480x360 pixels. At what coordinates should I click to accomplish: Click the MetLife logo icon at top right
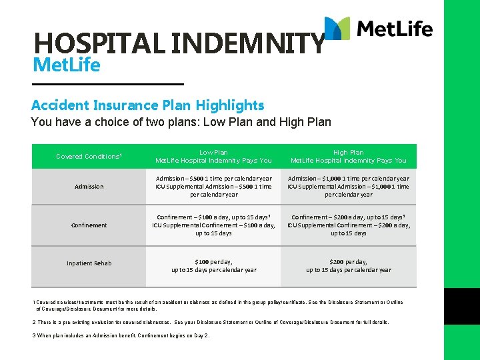[337, 28]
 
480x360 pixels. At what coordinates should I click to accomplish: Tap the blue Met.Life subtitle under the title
[66, 66]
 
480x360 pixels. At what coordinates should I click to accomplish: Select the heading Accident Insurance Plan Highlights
[147, 105]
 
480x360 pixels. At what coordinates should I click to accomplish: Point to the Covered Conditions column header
[89, 157]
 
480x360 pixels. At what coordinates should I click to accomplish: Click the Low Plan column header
[213, 157]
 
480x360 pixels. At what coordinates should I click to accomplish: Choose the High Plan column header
[348, 157]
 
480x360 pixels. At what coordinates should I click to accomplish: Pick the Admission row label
[89, 187]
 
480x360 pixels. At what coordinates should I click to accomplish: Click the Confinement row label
[89, 225]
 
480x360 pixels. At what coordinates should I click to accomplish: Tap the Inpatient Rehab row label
[89, 263]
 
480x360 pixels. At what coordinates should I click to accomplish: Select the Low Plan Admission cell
[213, 187]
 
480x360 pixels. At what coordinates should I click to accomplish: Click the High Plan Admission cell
[348, 187]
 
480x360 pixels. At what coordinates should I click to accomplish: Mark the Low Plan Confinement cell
[213, 225]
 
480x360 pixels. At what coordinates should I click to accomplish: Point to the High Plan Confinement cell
[348, 225]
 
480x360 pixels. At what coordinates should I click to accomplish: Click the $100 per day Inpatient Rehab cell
[213, 266]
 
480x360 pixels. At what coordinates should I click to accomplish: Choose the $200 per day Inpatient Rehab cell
[348, 266]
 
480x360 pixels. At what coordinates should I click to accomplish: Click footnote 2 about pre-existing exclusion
[210, 322]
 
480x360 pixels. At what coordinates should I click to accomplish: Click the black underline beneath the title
[107, 84]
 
